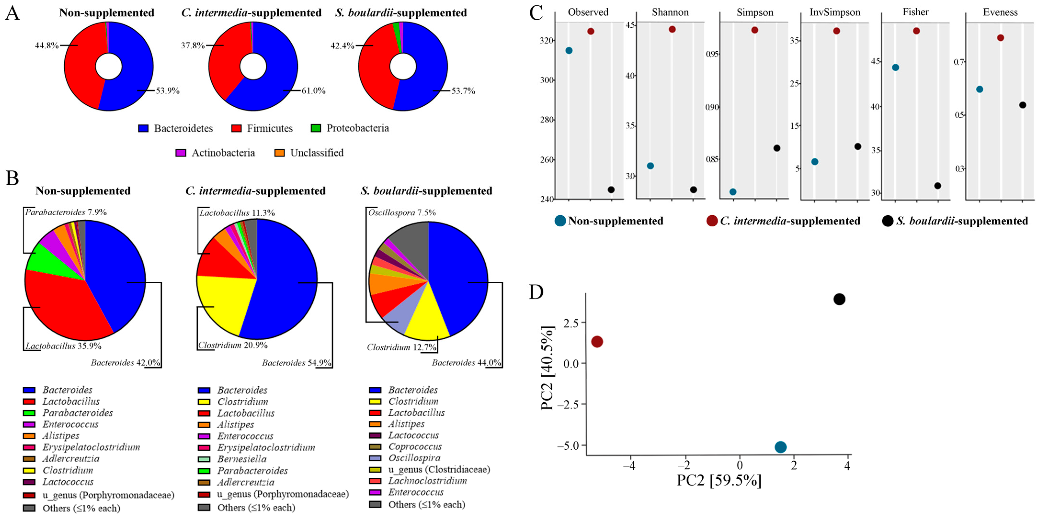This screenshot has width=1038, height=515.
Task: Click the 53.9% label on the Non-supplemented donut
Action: tap(168, 91)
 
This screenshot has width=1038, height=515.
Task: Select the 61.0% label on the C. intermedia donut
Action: tap(313, 91)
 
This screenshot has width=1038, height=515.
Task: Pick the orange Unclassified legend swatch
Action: tap(280, 153)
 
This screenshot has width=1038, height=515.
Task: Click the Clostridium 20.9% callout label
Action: tap(233, 345)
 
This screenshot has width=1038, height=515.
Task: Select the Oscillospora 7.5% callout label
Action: tap(402, 212)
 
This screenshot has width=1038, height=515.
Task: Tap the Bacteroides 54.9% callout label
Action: tap(297, 363)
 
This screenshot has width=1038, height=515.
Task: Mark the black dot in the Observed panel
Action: tap(611, 190)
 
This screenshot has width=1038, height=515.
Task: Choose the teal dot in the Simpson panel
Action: tap(733, 192)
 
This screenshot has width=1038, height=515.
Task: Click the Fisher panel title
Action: tap(915, 12)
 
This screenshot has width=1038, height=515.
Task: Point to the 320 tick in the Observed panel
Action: tap(547, 41)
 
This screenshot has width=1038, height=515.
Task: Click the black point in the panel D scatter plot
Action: tap(839, 299)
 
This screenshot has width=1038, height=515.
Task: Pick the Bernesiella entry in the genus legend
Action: tap(242, 459)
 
